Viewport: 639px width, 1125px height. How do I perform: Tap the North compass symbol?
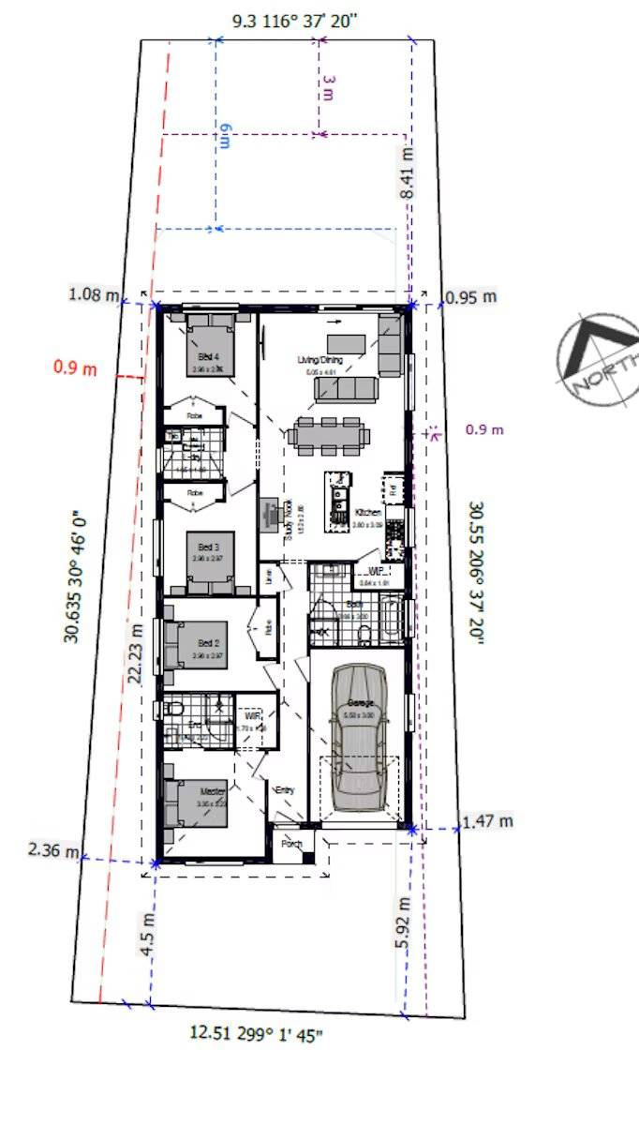pos(601,357)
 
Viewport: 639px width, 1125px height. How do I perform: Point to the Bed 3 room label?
pos(208,547)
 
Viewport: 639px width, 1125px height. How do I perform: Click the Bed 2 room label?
pos(208,644)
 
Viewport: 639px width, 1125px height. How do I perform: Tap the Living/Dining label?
pos(319,360)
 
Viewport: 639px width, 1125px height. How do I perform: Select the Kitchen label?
pos(368,513)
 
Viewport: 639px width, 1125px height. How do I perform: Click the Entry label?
pos(284,790)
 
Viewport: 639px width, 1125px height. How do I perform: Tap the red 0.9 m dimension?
pos(75,368)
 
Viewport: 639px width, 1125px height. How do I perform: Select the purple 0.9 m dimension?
pos(484,430)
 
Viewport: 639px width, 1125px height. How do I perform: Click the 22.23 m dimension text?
pos(136,653)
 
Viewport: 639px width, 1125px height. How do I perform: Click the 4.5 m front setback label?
pos(147,932)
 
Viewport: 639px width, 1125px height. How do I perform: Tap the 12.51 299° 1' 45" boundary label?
pos(258,1034)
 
